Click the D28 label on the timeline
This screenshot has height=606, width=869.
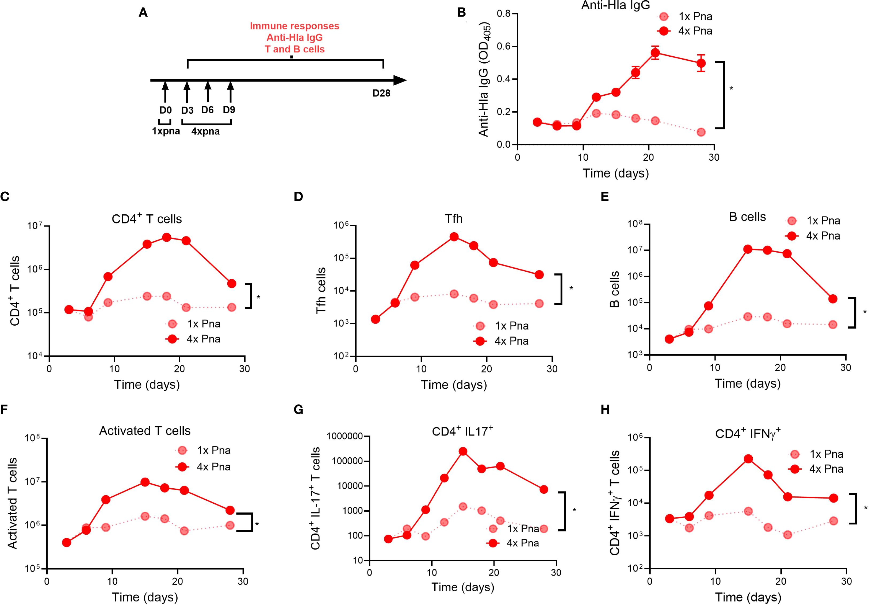tap(381, 93)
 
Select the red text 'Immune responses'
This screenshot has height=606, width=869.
tap(294, 26)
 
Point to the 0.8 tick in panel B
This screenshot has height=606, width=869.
tap(504, 14)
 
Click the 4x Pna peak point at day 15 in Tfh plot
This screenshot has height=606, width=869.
tap(454, 237)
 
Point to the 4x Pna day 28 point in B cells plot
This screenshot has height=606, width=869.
tap(833, 299)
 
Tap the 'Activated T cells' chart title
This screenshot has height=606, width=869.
tap(145, 431)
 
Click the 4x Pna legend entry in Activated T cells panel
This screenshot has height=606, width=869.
tap(204, 467)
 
